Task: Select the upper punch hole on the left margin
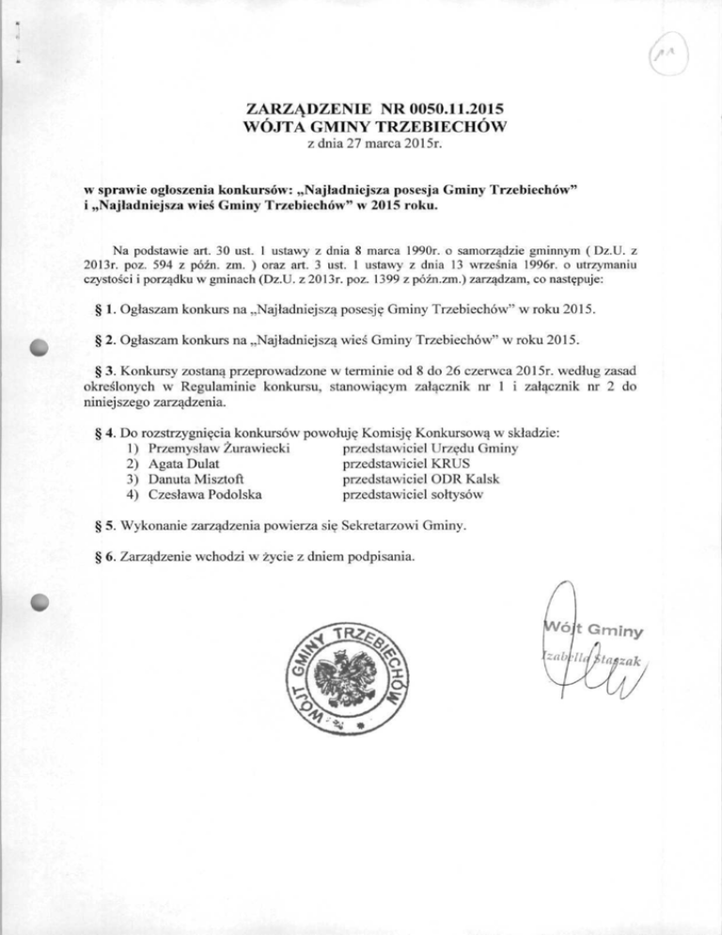click(x=42, y=345)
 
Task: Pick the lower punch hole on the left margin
click(x=42, y=603)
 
